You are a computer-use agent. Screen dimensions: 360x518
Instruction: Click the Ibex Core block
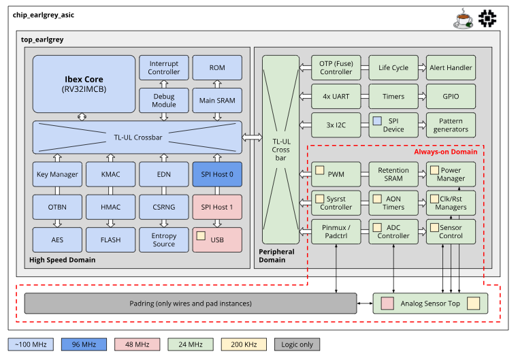(x=84, y=83)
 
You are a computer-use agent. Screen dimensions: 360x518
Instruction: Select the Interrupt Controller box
(x=164, y=68)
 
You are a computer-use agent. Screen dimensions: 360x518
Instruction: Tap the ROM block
(x=217, y=68)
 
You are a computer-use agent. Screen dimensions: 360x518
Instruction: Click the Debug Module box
(x=164, y=100)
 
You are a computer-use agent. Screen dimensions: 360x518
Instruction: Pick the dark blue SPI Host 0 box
(x=217, y=174)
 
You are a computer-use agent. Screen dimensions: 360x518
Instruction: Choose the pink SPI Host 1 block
(x=217, y=207)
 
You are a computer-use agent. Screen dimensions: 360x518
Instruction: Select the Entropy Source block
(x=164, y=240)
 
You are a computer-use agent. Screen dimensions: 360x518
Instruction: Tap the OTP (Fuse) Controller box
(x=336, y=68)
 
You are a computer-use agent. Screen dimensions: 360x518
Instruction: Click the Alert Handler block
(x=451, y=68)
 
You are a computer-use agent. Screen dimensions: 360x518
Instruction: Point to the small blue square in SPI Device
(x=376, y=120)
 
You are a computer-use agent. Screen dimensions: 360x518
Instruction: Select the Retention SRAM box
(x=393, y=174)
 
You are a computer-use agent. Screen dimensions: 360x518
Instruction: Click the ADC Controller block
(x=393, y=231)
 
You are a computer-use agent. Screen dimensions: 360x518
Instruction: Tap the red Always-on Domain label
(x=446, y=152)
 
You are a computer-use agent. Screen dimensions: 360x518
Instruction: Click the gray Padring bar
(x=190, y=303)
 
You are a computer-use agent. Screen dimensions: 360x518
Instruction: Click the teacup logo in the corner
(x=464, y=19)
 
